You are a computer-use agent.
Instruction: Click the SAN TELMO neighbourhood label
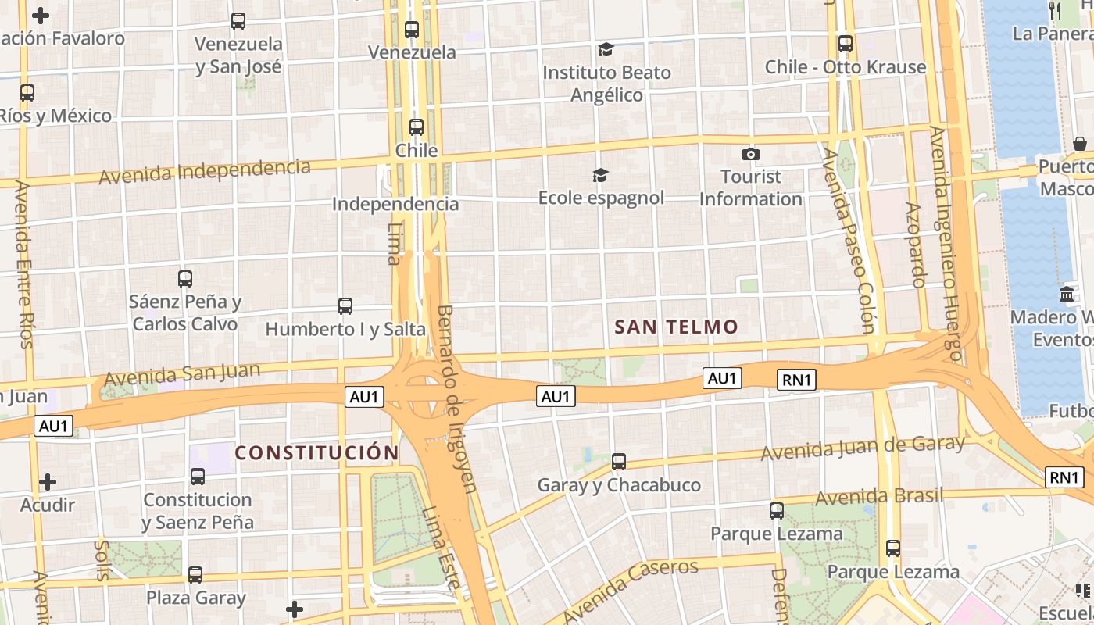[676, 327]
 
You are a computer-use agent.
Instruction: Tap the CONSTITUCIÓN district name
[317, 452]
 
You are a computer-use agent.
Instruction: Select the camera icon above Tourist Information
[751, 154]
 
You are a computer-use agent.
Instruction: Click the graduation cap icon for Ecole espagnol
[600, 175]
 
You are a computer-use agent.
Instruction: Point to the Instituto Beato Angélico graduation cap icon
[606, 50]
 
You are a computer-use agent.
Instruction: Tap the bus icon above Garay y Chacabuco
[619, 462]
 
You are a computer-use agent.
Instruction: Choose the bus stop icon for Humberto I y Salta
[345, 306]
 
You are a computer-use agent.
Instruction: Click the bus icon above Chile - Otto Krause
[845, 44]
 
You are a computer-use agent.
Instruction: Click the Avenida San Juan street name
[182, 373]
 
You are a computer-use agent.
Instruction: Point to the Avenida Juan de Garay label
[863, 448]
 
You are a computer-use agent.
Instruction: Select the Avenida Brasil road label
[879, 496]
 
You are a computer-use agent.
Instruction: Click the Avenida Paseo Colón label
[848, 241]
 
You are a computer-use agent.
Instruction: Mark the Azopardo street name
[915, 245]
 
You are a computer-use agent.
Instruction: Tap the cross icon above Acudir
[48, 482]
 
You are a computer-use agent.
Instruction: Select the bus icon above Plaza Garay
[195, 575]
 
